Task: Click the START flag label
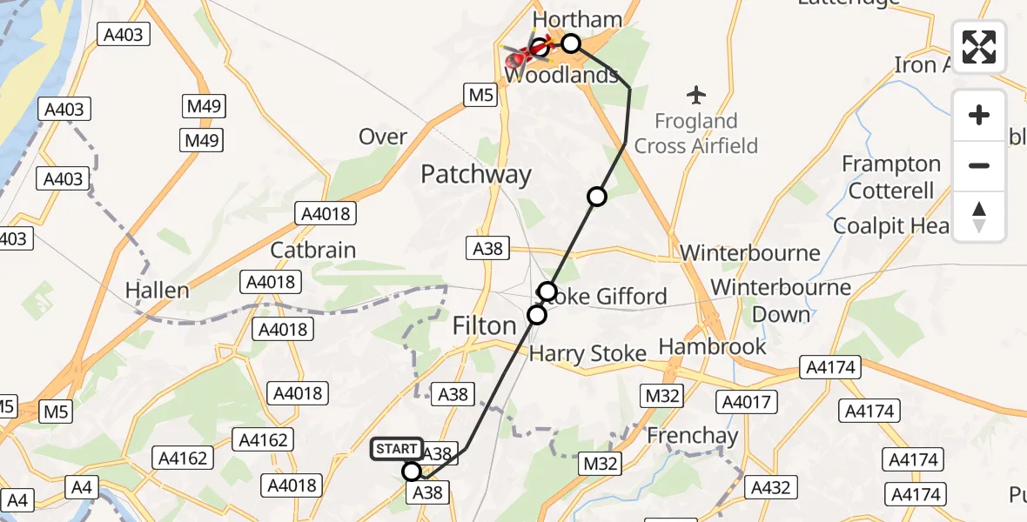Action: click(398, 449)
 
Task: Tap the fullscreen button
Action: click(979, 47)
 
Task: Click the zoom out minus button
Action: click(979, 165)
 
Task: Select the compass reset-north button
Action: click(979, 216)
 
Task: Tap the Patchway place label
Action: click(475, 174)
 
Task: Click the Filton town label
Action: click(485, 325)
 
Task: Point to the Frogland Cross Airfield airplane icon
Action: click(696, 93)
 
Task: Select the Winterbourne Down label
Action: click(781, 300)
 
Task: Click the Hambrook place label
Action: click(713, 346)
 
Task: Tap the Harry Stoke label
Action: click(588, 353)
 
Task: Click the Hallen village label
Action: click(158, 290)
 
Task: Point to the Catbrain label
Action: click(313, 250)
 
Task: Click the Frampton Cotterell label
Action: click(891, 177)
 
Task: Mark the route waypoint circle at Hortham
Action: click(570, 43)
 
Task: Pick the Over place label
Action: click(383, 137)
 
